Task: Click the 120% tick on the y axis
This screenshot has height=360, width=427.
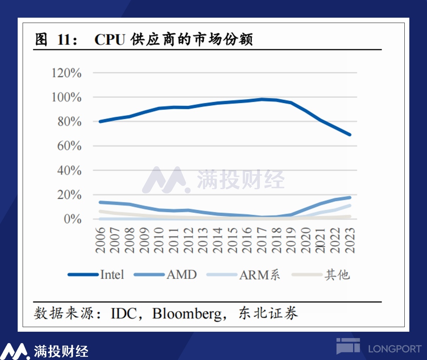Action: click(66, 73)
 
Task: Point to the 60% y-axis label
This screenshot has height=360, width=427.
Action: click(69, 146)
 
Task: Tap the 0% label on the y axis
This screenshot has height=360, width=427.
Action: click(72, 219)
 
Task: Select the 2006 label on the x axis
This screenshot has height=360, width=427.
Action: click(101, 240)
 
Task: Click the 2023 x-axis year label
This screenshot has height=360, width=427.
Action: click(350, 240)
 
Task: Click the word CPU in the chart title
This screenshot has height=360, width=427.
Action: click(110, 40)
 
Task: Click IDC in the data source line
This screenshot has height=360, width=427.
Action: click(124, 313)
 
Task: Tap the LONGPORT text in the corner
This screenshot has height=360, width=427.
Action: click(394, 349)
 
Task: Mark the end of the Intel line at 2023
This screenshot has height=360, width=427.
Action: click(350, 135)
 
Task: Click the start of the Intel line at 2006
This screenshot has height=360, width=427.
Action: click(100, 122)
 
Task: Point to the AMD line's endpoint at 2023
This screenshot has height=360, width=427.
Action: click(350, 197)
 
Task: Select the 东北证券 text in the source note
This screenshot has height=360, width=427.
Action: click(268, 313)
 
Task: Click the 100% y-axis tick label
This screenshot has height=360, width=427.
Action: click(66, 97)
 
